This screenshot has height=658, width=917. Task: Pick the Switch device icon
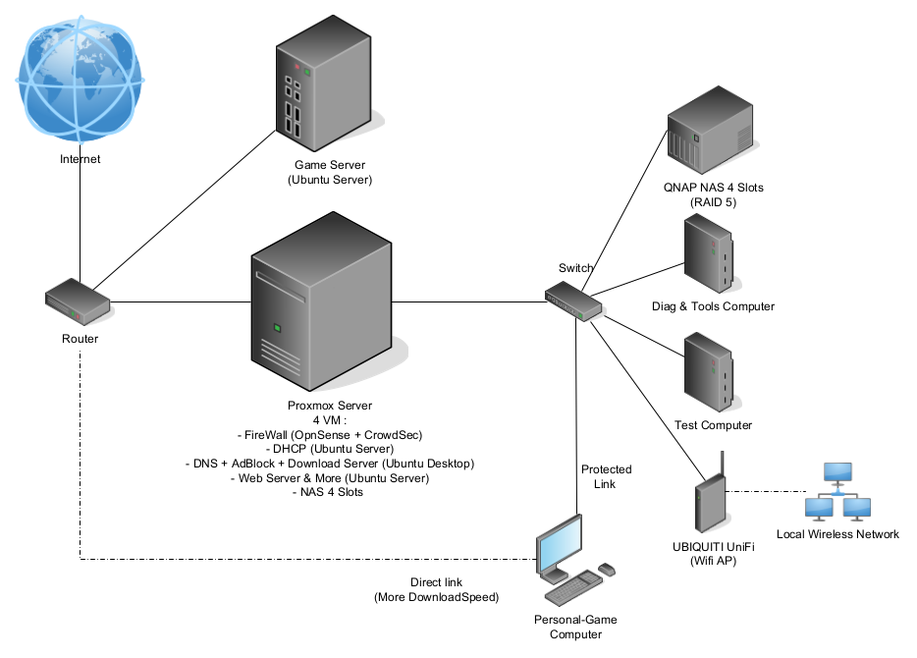coord(574,301)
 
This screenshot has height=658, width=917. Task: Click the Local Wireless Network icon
coord(836,492)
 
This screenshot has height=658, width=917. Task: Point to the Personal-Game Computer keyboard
coord(571,590)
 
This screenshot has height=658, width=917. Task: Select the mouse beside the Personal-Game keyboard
coord(606,569)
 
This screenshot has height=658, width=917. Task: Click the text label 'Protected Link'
coord(606,476)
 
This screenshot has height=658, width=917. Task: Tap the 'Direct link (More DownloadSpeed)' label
coord(435,589)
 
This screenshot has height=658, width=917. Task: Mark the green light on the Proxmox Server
coord(278,327)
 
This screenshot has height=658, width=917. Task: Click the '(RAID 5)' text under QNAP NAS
coord(712,202)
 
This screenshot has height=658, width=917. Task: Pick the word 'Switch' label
coord(575,268)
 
